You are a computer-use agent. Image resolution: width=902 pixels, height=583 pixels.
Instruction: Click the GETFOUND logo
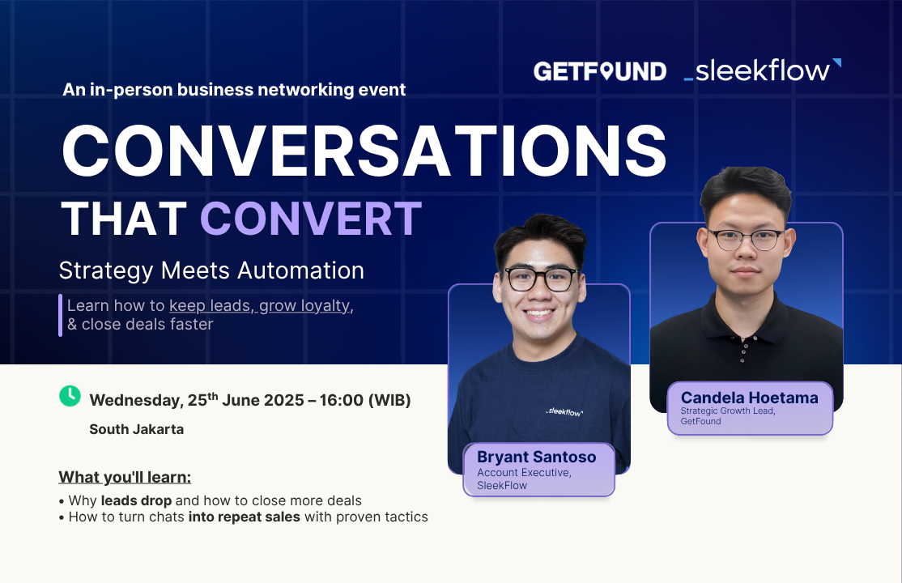[600, 71]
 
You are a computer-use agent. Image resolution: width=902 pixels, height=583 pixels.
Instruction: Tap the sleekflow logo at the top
[762, 70]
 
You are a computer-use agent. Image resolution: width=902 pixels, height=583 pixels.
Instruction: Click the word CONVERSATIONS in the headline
[364, 151]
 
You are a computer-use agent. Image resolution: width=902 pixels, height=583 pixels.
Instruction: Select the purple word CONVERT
[311, 219]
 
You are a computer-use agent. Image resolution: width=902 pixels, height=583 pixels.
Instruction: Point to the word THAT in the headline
[124, 219]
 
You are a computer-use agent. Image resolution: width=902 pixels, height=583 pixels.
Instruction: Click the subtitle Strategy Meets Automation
[211, 270]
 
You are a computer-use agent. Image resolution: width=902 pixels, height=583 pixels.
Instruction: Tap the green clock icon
[70, 396]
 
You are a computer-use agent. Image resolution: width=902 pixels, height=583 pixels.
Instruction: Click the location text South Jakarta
[136, 429]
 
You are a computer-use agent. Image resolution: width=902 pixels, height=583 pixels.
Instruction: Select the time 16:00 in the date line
[342, 400]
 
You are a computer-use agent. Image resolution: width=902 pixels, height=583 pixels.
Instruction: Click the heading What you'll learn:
[125, 477]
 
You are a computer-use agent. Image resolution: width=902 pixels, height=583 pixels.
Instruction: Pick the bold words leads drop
[136, 500]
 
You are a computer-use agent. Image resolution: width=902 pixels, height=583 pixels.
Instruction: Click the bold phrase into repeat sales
[245, 517]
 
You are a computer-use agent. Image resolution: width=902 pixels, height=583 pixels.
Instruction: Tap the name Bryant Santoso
[536, 457]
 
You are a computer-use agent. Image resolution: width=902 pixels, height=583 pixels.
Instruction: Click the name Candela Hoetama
[749, 398]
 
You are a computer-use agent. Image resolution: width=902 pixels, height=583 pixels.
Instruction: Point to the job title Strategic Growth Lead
[728, 411]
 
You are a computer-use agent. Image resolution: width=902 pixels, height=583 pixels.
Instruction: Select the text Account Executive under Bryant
[524, 473]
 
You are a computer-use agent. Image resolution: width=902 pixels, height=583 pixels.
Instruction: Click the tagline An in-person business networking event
[234, 90]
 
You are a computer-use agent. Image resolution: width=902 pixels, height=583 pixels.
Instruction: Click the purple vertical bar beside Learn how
[61, 315]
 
